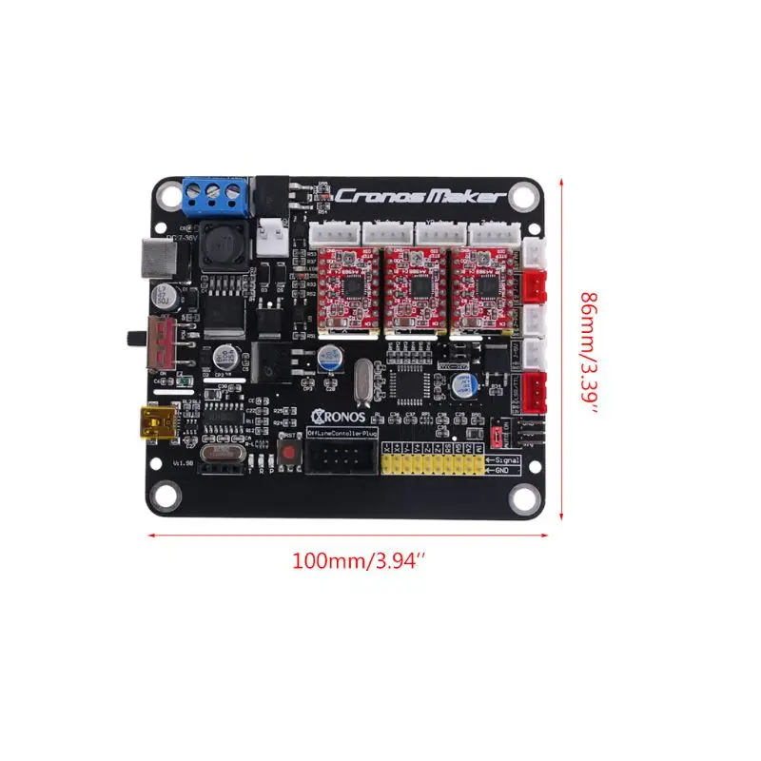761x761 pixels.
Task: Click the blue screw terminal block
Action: tap(215, 195)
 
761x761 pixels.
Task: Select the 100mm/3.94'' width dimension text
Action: tap(358, 561)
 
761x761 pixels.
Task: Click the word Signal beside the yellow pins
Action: tap(504, 459)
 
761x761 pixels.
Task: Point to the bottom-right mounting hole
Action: tap(521, 496)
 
